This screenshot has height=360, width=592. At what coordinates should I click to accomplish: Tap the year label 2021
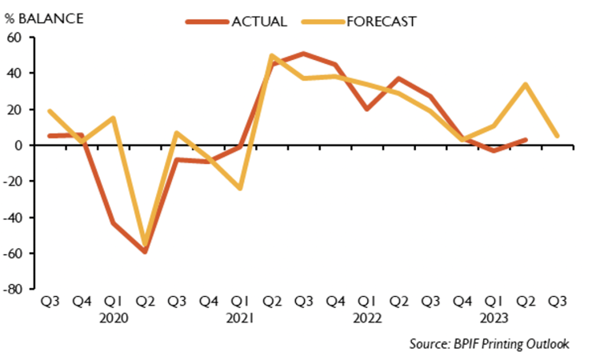click(240, 318)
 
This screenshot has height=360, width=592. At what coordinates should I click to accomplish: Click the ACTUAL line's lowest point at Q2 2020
click(145, 252)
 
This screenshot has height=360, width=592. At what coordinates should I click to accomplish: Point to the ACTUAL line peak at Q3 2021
click(304, 54)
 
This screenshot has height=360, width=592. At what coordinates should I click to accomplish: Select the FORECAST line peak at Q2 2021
click(272, 56)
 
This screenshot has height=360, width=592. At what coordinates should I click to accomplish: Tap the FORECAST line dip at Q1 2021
click(240, 189)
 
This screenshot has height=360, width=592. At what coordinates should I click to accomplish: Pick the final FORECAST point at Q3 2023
click(557, 136)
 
